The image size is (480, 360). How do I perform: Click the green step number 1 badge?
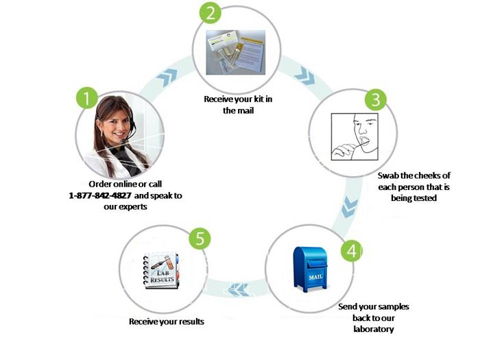[86, 98]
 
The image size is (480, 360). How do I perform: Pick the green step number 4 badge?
[352, 251]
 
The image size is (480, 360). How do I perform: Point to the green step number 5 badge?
[200, 239]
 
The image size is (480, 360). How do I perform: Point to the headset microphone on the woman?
[117, 130]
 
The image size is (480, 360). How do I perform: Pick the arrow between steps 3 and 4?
[350, 204]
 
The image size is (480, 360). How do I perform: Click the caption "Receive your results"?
[167, 321]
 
